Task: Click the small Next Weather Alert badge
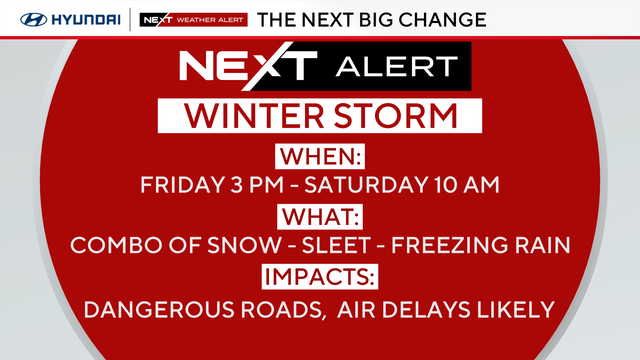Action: coord(192,19)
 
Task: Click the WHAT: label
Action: coord(320,216)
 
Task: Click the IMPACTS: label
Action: coord(320,277)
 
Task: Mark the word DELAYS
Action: coord(443,309)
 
